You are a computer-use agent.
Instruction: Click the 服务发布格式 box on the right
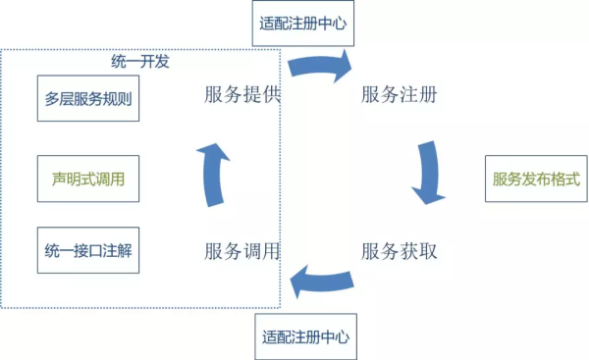click(535, 180)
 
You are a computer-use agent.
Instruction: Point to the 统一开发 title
click(140, 61)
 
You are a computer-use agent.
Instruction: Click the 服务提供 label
click(242, 95)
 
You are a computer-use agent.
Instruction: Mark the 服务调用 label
click(242, 251)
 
